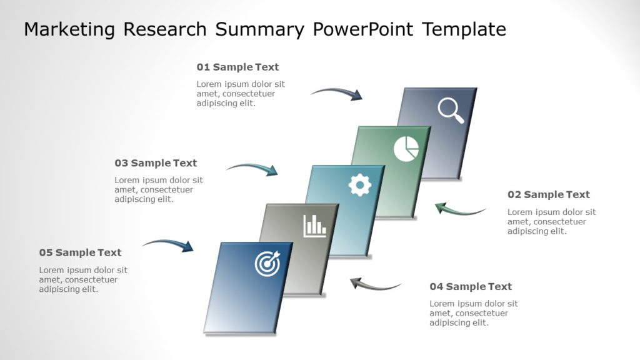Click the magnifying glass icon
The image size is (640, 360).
(x=451, y=111)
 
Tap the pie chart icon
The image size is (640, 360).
(x=406, y=149)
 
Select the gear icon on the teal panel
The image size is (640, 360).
(x=360, y=185)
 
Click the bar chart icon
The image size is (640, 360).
(x=315, y=226)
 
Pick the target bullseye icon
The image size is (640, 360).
(x=267, y=264)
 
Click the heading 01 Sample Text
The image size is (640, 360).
(x=237, y=67)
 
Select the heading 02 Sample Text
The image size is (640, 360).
(x=548, y=194)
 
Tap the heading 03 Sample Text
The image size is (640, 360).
(x=156, y=163)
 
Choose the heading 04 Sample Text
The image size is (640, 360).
(x=470, y=286)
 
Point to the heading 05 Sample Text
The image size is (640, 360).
(x=80, y=252)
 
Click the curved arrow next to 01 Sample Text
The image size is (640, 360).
(x=337, y=93)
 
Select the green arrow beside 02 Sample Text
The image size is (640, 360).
(x=460, y=209)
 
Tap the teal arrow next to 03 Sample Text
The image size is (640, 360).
(x=252, y=168)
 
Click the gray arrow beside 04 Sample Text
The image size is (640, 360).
(x=375, y=285)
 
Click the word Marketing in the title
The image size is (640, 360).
(x=69, y=29)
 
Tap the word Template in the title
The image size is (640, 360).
(x=464, y=29)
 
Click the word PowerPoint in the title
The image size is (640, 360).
(x=362, y=29)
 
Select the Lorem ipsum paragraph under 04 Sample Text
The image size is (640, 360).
(x=473, y=313)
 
